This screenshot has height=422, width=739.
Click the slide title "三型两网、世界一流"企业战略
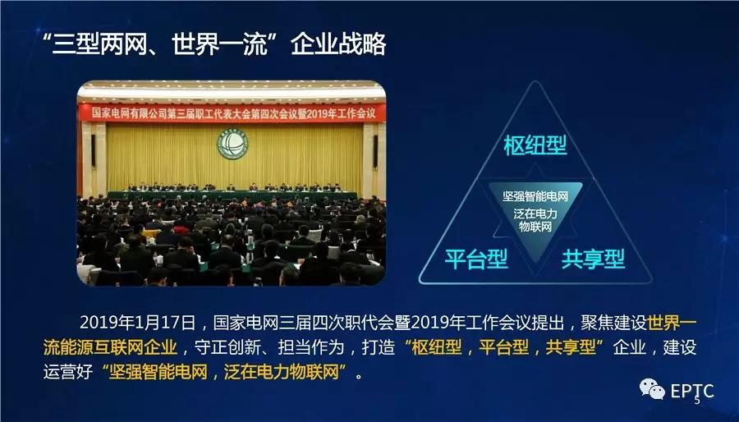pos(214,44)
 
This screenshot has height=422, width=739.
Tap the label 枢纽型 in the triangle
pos(535,145)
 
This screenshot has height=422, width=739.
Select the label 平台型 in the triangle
pos(476,259)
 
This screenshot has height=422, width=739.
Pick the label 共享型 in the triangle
pos(593,259)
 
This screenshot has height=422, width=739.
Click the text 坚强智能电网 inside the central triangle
pos(535,196)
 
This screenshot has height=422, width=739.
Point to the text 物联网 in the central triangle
pos(535,227)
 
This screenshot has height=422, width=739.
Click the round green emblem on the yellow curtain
pos(232,143)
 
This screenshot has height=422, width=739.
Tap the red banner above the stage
pos(232,113)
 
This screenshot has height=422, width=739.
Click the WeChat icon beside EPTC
pos(652,389)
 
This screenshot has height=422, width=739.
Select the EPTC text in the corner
pos(692,391)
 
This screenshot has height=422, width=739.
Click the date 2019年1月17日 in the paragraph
pos(137,323)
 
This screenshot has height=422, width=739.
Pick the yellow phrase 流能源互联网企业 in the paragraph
pos(110,347)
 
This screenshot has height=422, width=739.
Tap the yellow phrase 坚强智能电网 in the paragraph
pos(158,372)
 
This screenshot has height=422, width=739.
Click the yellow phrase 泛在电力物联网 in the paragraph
pos(282,372)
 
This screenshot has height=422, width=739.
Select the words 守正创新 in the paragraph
pos(227,347)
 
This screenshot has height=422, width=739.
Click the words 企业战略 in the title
pos(338,44)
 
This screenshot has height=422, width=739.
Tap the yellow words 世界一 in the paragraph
pos(672,323)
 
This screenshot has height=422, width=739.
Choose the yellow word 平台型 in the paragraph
pos(504,347)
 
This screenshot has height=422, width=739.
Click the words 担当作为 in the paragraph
pos(310,347)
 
